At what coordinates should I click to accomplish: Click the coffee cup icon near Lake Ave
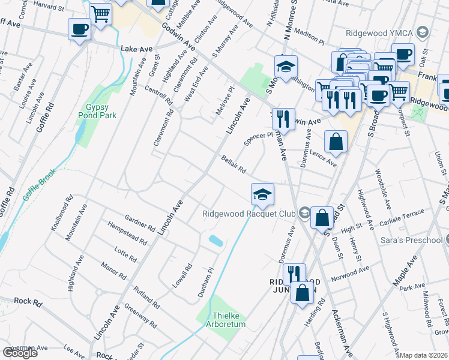tap(79, 29)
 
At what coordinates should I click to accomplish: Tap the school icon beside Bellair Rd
tap(262, 194)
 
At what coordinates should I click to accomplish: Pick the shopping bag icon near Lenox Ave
tap(336, 142)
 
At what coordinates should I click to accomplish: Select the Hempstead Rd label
tap(127, 232)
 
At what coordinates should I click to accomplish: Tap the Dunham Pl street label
tap(206, 283)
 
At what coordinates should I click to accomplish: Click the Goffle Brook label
tap(39, 185)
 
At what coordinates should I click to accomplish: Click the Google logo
tap(20, 353)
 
